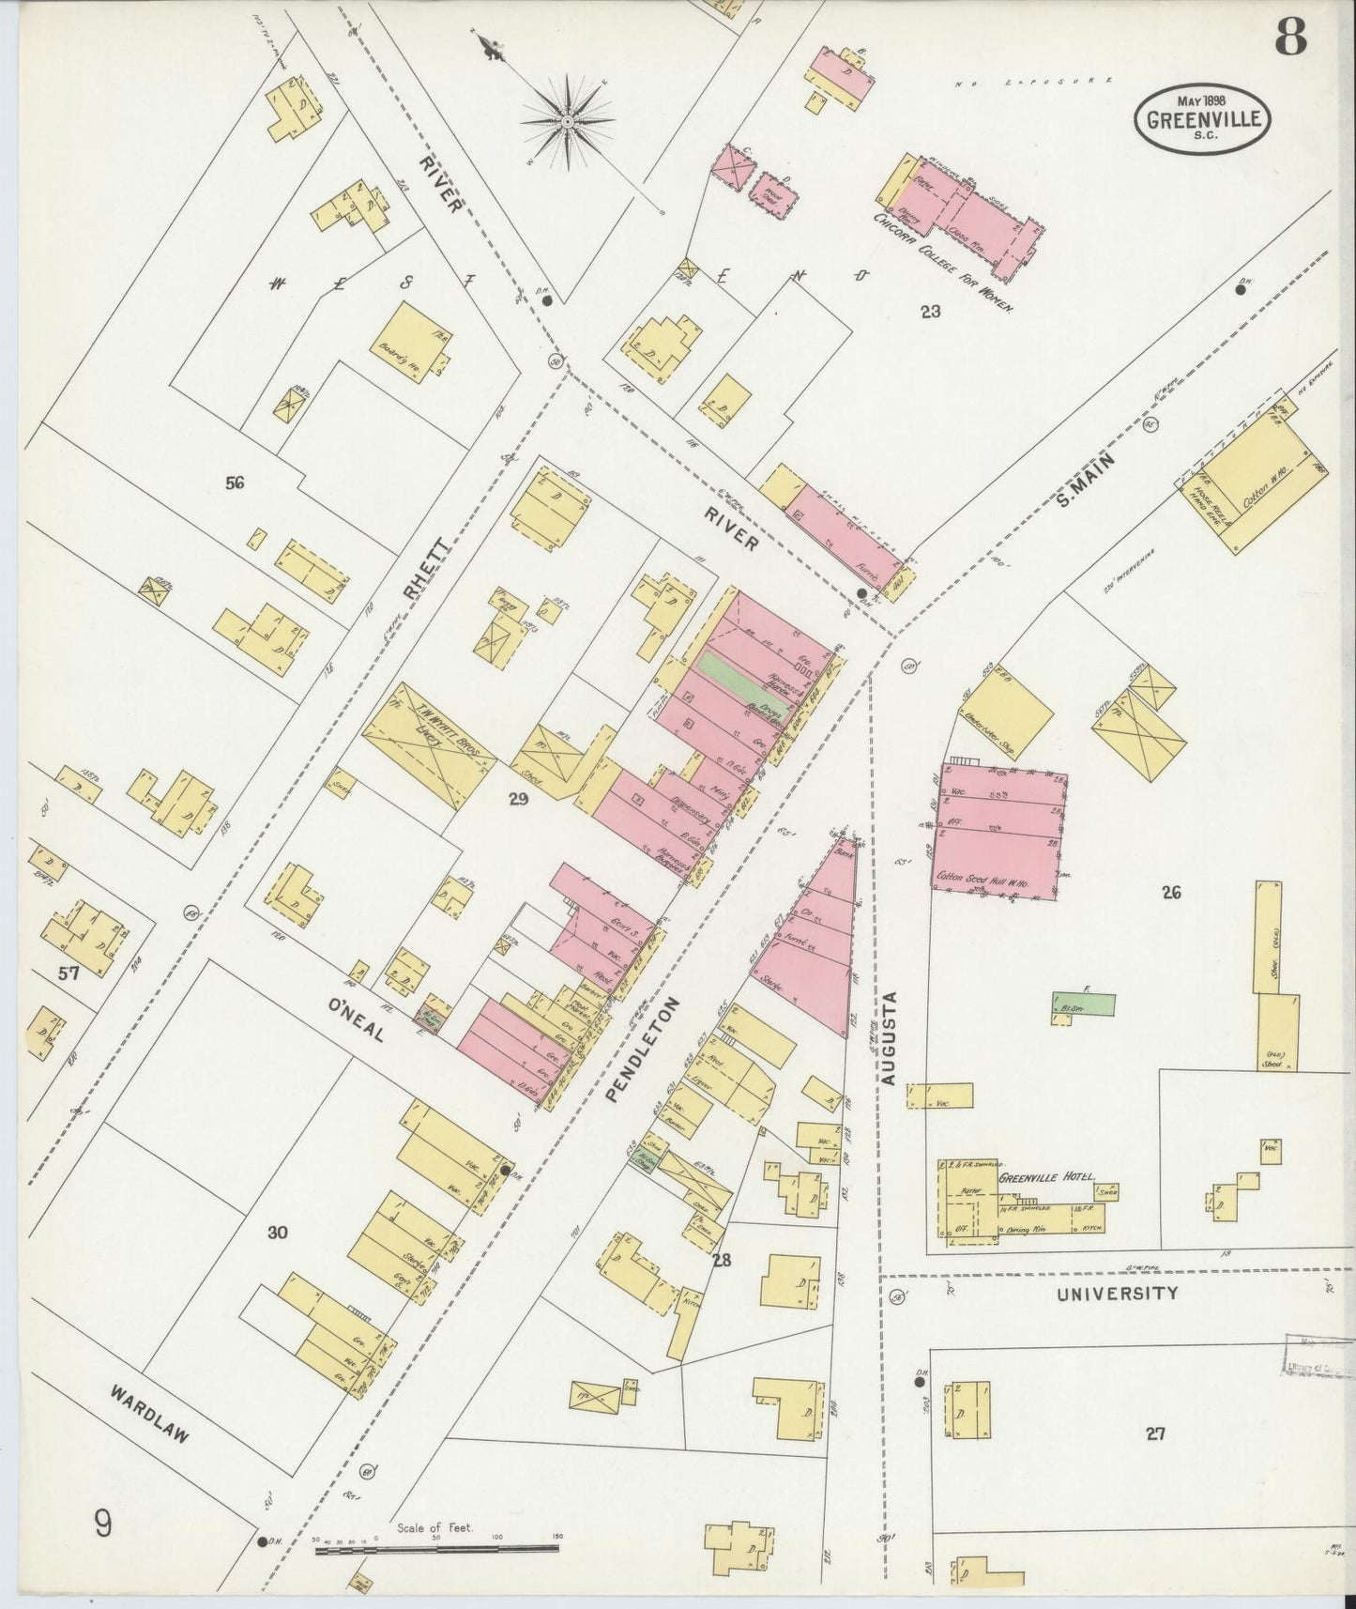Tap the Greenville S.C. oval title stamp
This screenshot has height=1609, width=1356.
point(1203,117)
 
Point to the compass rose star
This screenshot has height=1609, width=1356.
point(567,122)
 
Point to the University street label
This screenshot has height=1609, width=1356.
point(1117,1294)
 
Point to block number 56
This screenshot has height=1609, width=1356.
point(235,483)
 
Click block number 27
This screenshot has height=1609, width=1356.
point(1155,1433)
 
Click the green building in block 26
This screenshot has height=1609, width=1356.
point(1084,1004)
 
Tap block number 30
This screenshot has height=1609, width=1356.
point(276,1233)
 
